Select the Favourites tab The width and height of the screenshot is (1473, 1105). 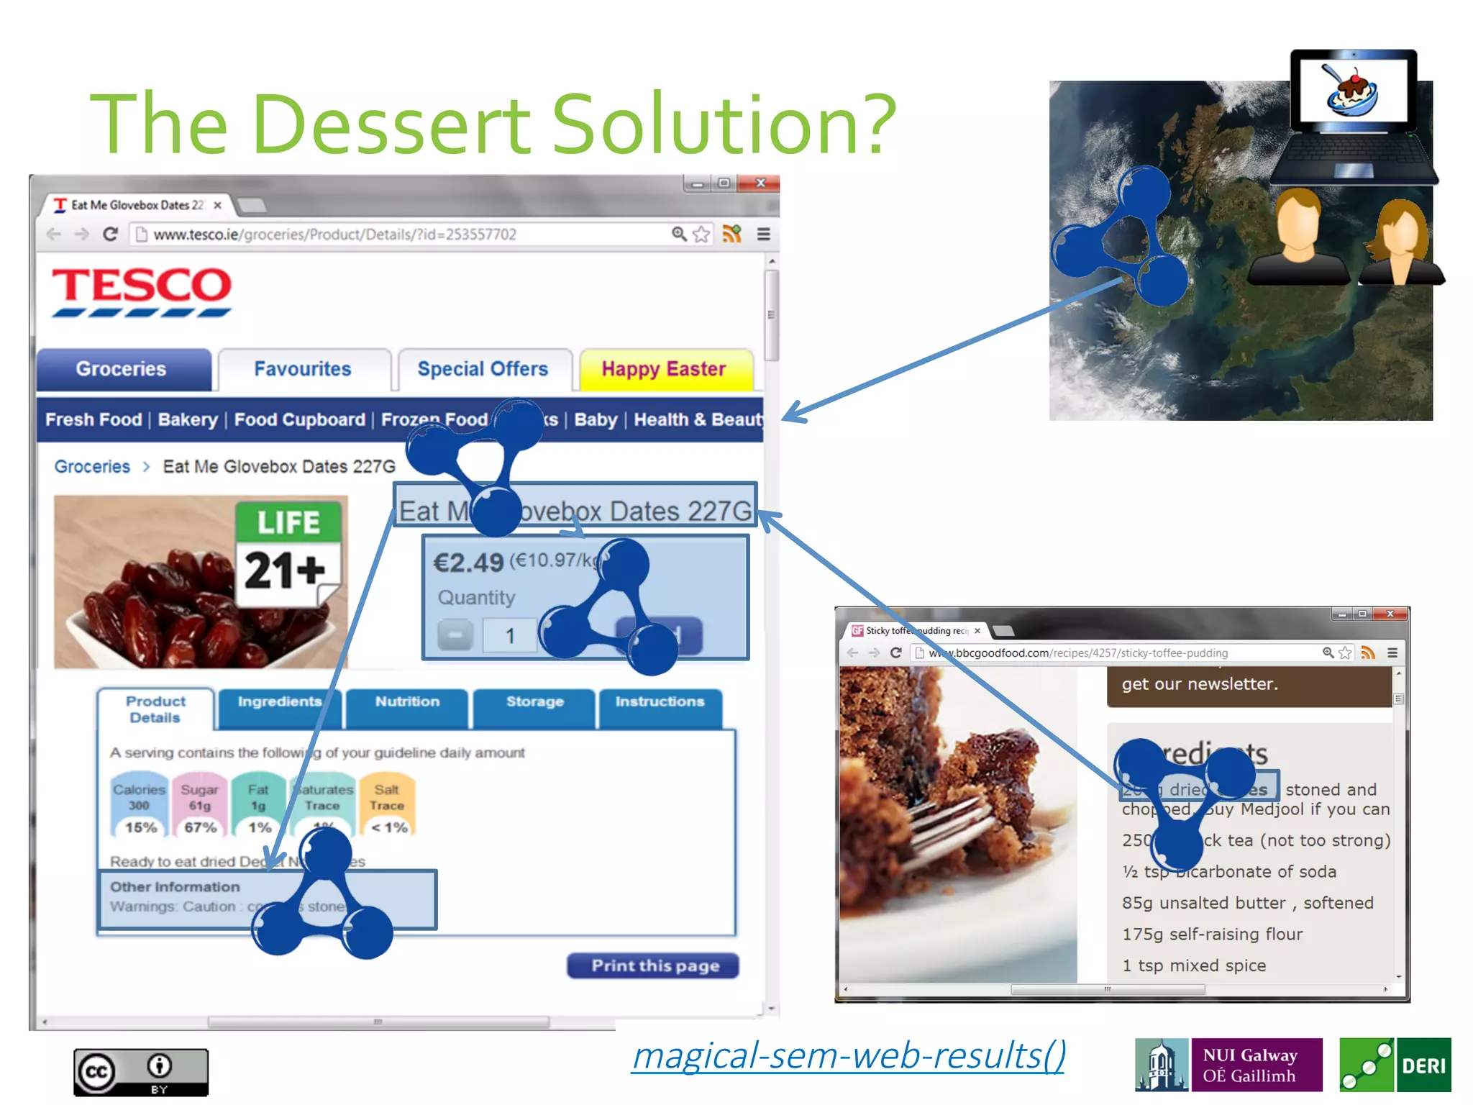303,369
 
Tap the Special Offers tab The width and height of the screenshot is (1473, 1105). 483,369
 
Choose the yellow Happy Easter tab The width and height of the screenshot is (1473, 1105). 663,369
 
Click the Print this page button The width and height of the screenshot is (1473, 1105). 654,965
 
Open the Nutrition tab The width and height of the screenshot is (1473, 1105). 407,702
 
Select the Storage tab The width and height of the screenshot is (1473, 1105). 534,702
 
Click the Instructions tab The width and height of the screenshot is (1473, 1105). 660,702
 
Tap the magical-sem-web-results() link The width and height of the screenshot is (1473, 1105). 849,1056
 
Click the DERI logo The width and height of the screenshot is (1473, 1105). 1395,1065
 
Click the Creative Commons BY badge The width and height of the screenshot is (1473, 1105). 141,1072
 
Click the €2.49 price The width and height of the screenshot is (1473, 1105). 468,563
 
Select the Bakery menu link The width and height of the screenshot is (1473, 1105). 188,420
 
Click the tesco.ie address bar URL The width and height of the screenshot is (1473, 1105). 334,235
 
